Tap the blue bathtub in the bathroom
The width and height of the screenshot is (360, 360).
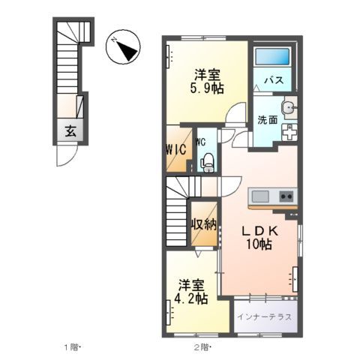270,58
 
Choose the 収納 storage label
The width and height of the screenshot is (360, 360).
204,223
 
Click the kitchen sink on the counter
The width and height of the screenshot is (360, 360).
261,196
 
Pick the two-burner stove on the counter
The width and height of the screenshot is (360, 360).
286,196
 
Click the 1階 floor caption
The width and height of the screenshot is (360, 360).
72,347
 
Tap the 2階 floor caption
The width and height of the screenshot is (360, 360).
202,347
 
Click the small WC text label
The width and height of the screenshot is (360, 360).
202,141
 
